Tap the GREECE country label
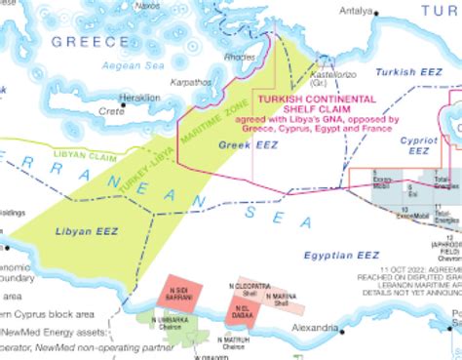pos(90,41)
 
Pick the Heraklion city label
pos(139,99)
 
